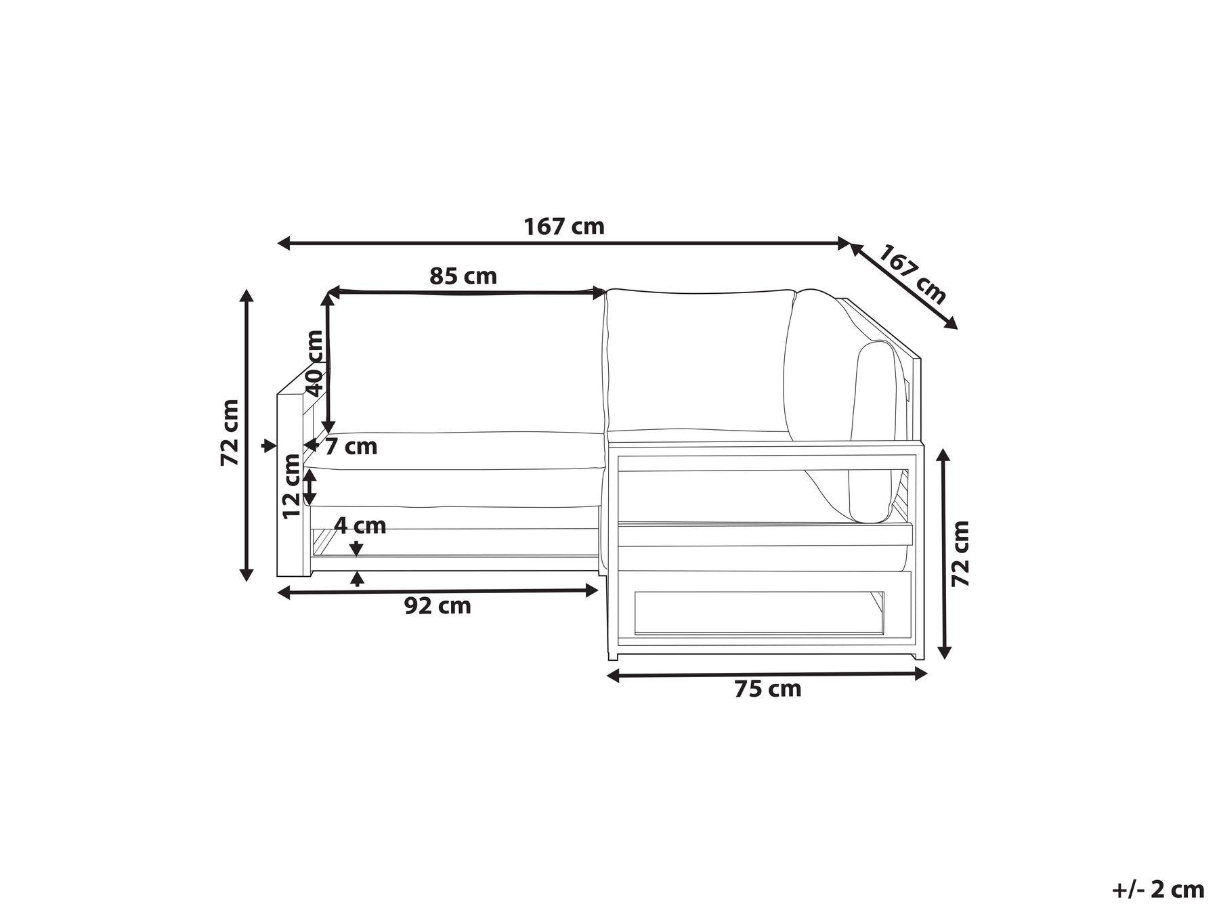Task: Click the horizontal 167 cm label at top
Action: tap(564, 226)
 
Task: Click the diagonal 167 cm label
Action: tap(912, 274)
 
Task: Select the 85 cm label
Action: tap(463, 276)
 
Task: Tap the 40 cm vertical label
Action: tap(315, 363)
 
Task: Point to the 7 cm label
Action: tap(351, 447)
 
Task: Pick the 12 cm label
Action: tap(291, 486)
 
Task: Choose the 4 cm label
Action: tap(360, 525)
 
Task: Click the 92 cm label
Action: tap(437, 606)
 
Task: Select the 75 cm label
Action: tap(768, 689)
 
